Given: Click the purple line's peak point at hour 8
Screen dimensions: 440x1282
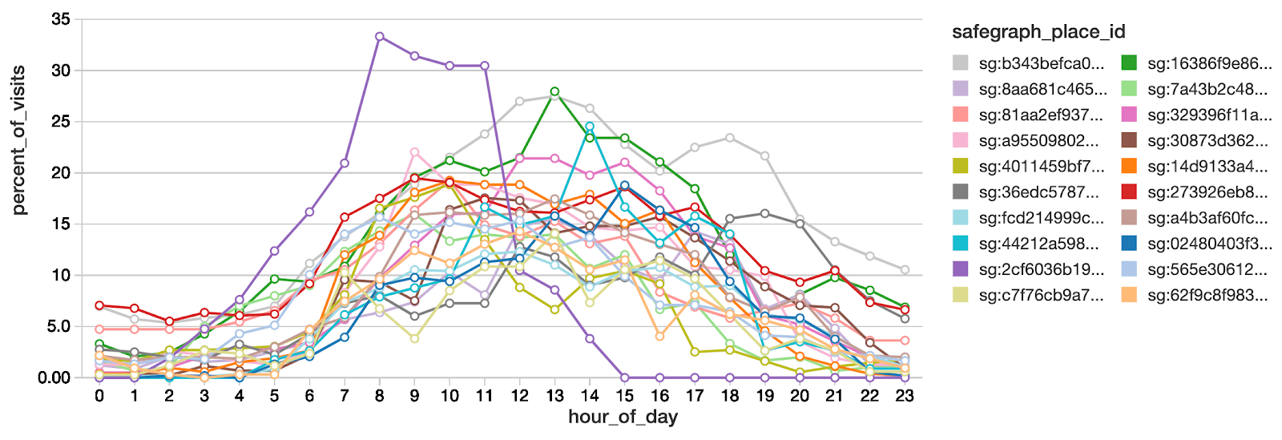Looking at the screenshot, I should coord(379,36).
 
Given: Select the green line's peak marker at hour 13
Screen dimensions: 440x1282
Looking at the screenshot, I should coord(554,91).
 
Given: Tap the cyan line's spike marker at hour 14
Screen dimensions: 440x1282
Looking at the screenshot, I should coord(590,127).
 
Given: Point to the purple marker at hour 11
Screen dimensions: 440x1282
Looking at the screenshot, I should coord(485,66).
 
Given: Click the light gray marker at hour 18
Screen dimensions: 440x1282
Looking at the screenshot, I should coord(730,138).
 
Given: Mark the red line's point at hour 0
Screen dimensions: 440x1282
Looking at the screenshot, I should coord(99,305).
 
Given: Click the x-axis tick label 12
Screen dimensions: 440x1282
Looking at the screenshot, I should coord(519,396).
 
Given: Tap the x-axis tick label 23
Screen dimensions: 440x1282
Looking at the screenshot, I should coord(905,396).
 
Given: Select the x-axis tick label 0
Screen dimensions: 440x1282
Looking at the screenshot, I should coord(99,396).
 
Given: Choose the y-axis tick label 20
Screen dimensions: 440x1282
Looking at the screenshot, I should coord(61,173).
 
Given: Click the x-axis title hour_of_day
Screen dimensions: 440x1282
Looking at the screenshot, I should coord(623,417).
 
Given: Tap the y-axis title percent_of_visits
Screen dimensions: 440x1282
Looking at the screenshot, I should coord(18,140).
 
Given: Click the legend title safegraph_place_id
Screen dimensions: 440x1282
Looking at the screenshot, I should coord(1038,32).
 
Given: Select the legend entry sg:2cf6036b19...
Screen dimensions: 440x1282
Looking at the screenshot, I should coord(1042,269).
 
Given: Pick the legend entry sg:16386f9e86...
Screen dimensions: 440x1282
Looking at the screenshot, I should coord(1210,64).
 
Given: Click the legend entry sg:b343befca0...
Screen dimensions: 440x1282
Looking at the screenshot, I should coord(1042,64).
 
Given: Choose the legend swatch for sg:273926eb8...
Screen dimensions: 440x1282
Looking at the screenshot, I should coord(1129,192).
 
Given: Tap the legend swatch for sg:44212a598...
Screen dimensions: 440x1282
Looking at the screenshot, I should coord(961,244).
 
